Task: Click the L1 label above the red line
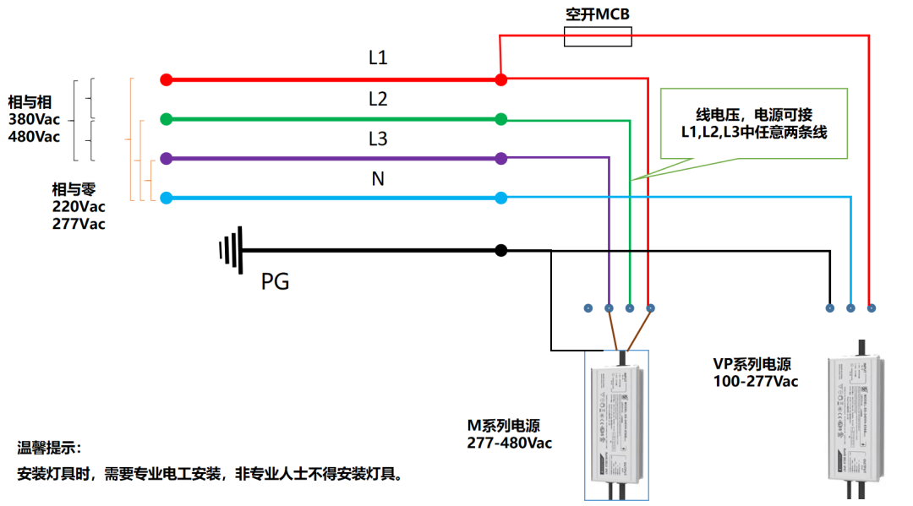click(x=378, y=58)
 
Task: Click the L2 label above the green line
click(x=378, y=99)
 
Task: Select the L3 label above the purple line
click(x=378, y=139)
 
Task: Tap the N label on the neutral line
click(x=378, y=178)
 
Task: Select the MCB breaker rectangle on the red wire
click(x=598, y=35)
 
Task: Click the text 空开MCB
click(x=598, y=14)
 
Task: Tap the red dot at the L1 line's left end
click(x=167, y=79)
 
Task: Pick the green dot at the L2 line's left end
click(x=167, y=119)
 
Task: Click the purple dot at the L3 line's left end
click(x=167, y=158)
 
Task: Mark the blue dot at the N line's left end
click(x=167, y=198)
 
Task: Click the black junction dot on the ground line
click(x=501, y=250)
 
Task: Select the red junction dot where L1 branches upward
click(x=501, y=79)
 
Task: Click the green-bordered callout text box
click(x=753, y=123)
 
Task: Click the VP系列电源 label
click(x=752, y=364)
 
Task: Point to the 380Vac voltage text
click(x=35, y=119)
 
